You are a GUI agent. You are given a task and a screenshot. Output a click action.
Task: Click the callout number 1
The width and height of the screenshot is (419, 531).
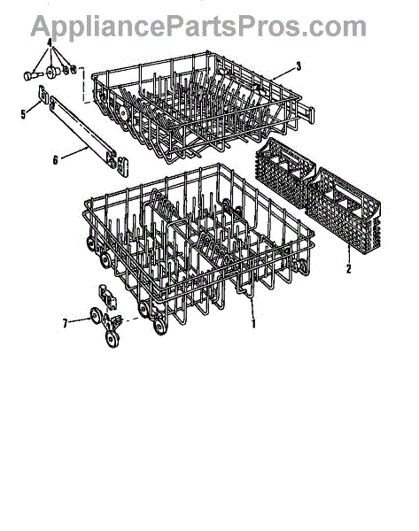[x=253, y=323]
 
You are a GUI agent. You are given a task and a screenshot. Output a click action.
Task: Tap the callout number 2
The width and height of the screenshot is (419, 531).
[x=349, y=268]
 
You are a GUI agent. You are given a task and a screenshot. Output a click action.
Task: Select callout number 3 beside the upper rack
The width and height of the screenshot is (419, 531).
[x=299, y=66]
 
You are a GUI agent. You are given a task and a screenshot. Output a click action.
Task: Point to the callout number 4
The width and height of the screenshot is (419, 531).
[x=50, y=43]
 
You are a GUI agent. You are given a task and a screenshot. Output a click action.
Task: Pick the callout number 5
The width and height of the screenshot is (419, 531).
[x=23, y=114]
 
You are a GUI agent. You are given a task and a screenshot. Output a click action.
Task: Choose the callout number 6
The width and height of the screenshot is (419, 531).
[x=56, y=159]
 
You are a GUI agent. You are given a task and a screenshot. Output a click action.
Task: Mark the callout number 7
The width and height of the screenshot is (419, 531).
[x=65, y=323]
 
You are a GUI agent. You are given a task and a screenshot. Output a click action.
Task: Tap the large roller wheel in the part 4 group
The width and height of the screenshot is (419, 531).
[x=53, y=73]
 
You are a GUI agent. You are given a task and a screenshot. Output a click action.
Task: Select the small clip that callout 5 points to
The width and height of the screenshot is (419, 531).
[x=43, y=94]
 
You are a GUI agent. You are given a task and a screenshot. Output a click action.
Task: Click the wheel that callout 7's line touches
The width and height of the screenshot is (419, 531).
[x=96, y=316]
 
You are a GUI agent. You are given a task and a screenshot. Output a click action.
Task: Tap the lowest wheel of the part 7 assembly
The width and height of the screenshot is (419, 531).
[x=113, y=338]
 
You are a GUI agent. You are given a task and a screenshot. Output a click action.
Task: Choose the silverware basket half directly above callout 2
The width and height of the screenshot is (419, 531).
[x=344, y=209]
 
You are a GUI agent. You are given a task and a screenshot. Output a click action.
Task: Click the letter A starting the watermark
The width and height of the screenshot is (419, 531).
[x=41, y=27]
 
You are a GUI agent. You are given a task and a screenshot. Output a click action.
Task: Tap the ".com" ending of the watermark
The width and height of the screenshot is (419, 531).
[x=334, y=28]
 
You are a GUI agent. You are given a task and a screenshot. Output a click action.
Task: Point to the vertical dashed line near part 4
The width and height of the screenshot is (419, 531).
[x=83, y=85]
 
